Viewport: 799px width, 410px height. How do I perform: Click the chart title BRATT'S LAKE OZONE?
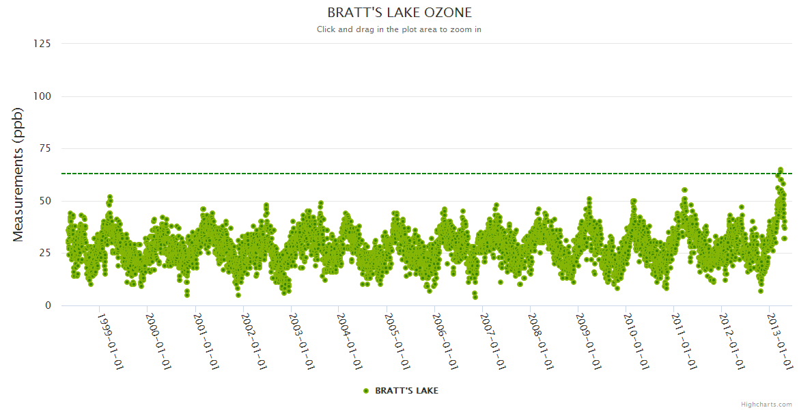pos(399,12)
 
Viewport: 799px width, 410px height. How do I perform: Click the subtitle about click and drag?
pos(399,29)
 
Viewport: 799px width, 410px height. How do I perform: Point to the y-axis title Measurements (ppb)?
pos(18,174)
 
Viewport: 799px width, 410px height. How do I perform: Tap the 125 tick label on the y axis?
pos(42,43)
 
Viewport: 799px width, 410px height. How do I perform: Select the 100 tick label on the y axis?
pos(42,96)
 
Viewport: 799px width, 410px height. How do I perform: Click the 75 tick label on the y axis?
pos(44,148)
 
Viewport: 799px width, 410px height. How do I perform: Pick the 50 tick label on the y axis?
pos(44,201)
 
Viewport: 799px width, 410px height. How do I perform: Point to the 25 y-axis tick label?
pos(44,253)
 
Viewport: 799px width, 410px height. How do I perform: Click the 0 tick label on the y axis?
pos(48,305)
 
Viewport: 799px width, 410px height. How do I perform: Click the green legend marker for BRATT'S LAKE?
pos(366,391)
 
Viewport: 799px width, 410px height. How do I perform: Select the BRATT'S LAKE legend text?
pos(406,391)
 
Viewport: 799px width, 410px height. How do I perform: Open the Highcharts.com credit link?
pos(766,404)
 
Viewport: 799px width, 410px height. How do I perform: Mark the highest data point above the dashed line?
pos(780,169)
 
